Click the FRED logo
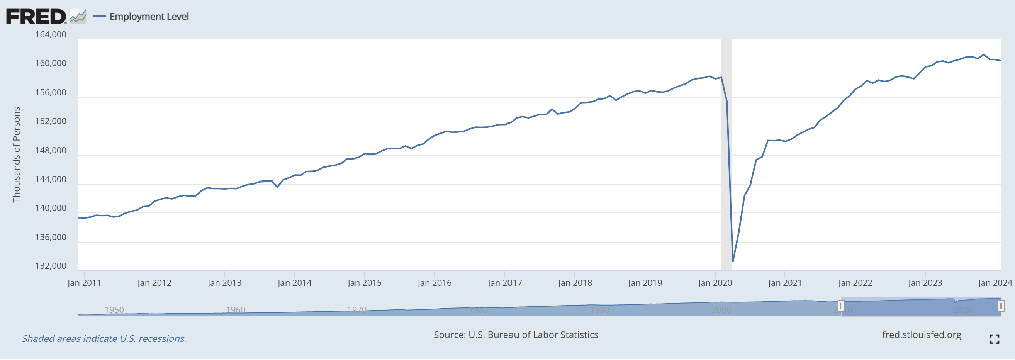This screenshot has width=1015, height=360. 36,17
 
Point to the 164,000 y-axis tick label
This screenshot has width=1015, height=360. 51,35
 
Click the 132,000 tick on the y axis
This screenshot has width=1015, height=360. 51,266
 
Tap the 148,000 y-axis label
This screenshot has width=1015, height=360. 51,151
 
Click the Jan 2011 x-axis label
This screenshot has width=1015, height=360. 84,283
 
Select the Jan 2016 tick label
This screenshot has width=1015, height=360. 434,283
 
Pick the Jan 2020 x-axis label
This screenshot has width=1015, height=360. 715,283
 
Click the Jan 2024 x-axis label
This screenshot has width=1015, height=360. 995,283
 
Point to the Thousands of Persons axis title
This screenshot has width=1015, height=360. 17,155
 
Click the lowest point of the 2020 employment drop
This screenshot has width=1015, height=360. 733,261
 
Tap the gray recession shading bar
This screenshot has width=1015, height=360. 726,158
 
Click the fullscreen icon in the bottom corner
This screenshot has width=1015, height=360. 994,339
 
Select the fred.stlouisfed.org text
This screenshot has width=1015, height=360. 921,335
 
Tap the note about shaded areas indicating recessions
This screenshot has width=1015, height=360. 104,339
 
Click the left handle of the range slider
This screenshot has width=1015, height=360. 841,306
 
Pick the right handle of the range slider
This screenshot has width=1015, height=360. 1001,306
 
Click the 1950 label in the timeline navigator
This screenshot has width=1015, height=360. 114,310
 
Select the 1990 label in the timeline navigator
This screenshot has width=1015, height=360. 600,310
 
